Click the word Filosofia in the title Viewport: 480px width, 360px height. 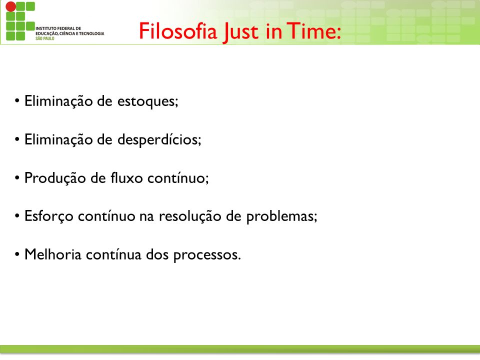pos(178,31)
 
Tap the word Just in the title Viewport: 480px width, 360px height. pos(240,32)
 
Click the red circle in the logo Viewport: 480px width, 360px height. pos(10,6)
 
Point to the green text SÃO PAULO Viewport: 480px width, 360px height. pos(44,38)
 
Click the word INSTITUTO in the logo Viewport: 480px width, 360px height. pos(45,28)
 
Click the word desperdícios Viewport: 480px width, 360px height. pos(158,140)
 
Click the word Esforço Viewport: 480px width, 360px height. pos(49,216)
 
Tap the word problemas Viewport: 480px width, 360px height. pos(280,216)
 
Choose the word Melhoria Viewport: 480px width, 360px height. pos(52,254)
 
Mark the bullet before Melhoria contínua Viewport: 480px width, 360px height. pos(17,254)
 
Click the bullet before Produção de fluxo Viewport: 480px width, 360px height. pos(17,178)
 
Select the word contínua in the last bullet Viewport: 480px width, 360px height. pos(113,254)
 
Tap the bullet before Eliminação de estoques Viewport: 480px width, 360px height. pos(17,101)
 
